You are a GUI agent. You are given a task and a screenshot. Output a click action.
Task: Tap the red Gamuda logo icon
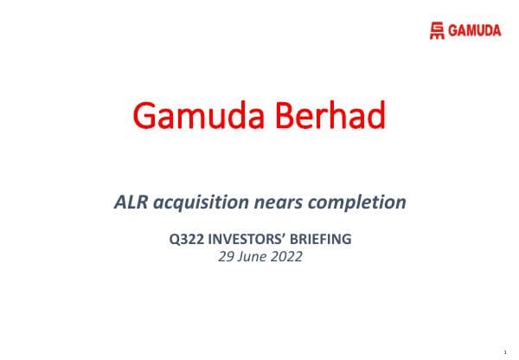coord(439,32)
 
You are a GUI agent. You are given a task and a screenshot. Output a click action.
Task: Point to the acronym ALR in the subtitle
coord(130,203)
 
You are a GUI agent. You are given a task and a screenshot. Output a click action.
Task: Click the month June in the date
coord(248,255)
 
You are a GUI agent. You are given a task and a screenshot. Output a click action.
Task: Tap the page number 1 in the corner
coord(503,351)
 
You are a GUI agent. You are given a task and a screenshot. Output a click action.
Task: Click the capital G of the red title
coord(148,116)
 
